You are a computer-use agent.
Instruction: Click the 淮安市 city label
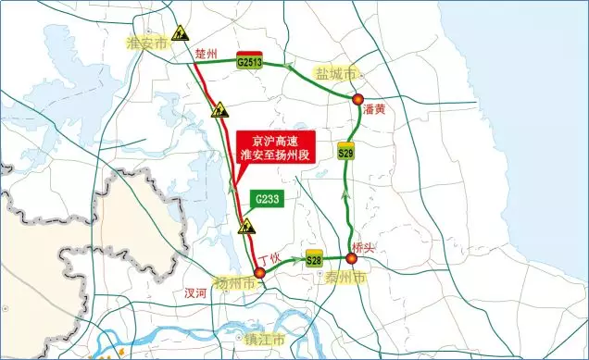point(147,43)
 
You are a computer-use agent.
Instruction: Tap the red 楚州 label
point(206,55)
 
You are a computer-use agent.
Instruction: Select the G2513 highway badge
point(250,61)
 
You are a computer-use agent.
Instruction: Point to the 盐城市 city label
point(334,72)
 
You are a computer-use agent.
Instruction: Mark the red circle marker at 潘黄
point(357,99)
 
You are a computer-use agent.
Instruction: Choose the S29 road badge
point(346,152)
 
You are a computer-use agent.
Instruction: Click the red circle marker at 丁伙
point(260,273)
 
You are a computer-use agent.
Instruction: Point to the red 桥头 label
point(364,245)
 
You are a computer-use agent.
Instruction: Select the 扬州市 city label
point(233,282)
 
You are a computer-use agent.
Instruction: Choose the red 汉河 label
point(195,292)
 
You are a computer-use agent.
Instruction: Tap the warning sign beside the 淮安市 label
point(181,30)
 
